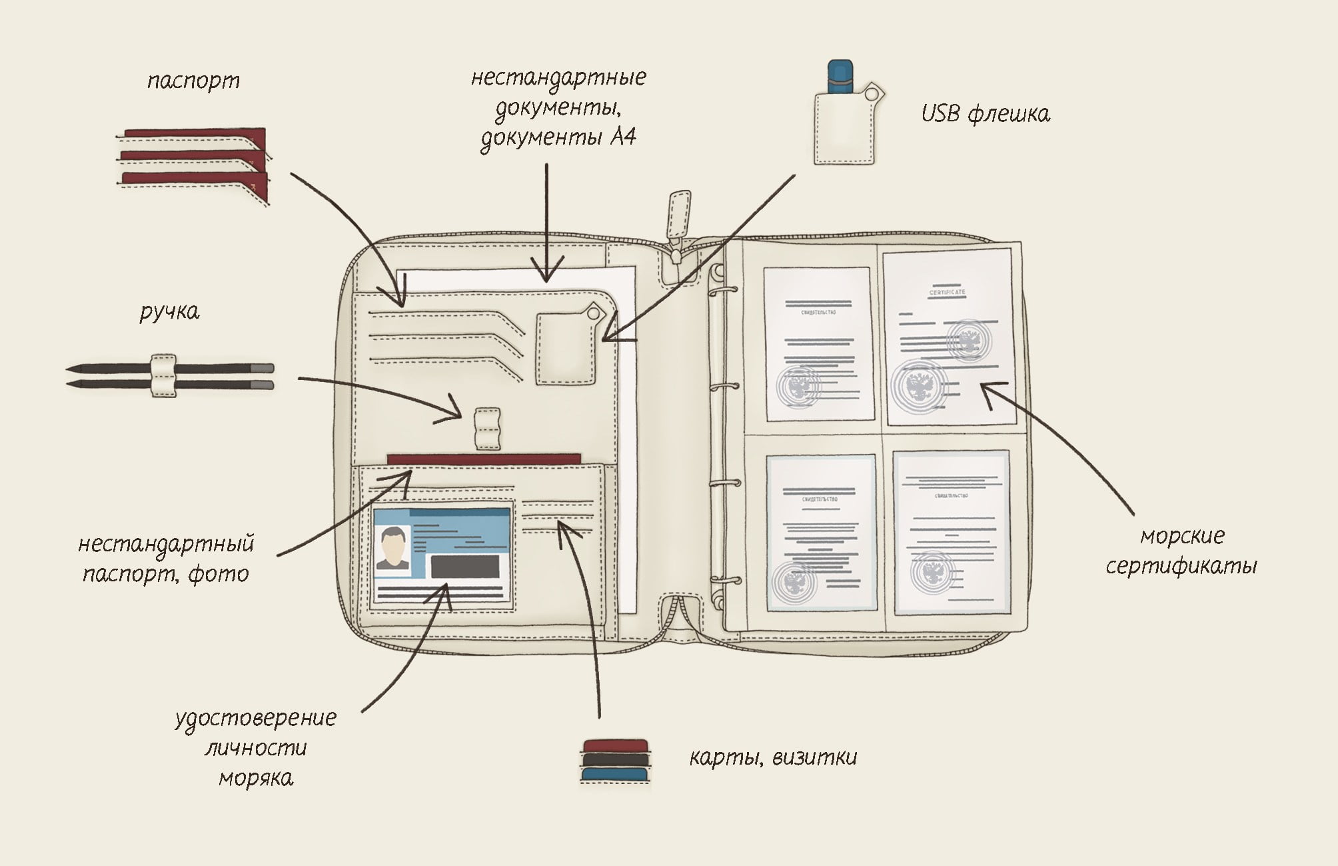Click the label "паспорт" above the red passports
193,81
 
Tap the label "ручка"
169,312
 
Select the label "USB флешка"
985,114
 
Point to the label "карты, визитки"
773,757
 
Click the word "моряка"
256,778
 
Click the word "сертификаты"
1181,567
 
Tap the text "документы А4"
558,137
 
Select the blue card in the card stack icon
615,775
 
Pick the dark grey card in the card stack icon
615,760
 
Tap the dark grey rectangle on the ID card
465,567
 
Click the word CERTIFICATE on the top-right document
947,293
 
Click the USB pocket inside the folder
566,349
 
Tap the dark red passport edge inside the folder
484,459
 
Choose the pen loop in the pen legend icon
164,376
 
